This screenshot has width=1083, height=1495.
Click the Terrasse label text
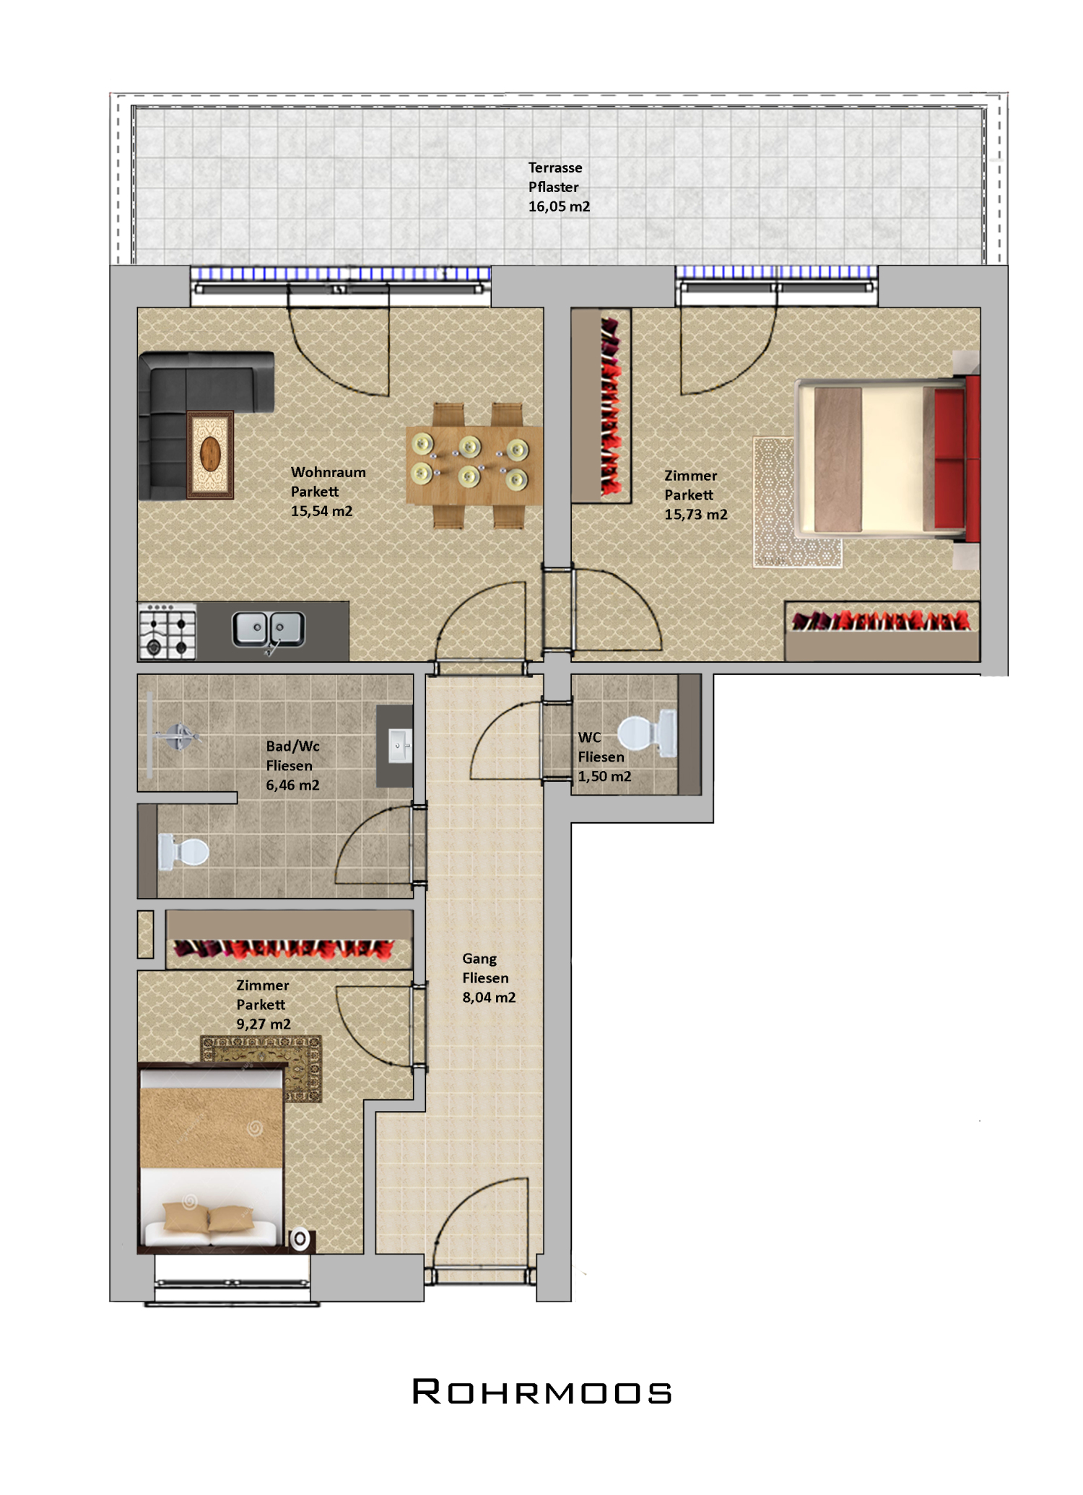coord(555,167)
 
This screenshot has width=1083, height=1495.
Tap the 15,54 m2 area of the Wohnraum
coord(322,511)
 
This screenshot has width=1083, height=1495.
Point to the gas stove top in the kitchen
coord(168,632)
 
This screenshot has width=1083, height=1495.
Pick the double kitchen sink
coord(269,629)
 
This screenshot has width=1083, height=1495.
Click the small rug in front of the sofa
coord(210,455)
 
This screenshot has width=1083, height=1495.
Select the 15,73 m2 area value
coord(696,515)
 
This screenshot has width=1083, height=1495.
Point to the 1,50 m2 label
coord(604,777)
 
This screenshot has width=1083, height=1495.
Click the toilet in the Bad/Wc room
coord(183,852)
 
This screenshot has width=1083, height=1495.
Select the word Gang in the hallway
coord(479,959)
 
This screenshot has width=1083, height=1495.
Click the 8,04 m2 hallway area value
coord(489,998)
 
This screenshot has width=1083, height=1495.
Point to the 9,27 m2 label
coord(264,1024)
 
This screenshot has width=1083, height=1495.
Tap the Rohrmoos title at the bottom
coord(541,1392)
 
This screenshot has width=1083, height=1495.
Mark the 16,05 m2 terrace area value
coord(559,206)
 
